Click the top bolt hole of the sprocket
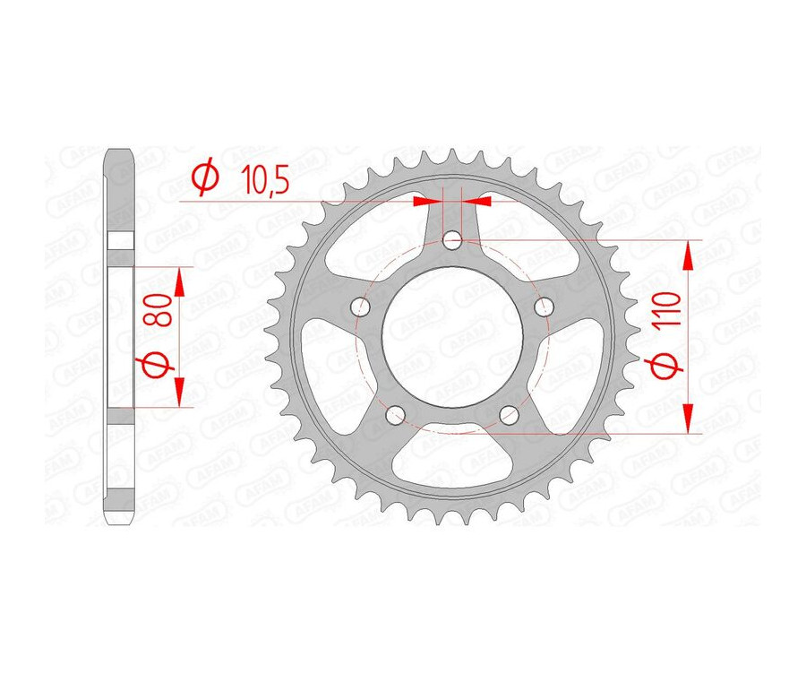[452, 240]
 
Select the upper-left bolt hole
[363, 307]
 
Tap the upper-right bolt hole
[542, 307]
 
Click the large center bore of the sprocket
[452, 335]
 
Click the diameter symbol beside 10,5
[205, 180]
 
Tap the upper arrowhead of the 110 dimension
[689, 255]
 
